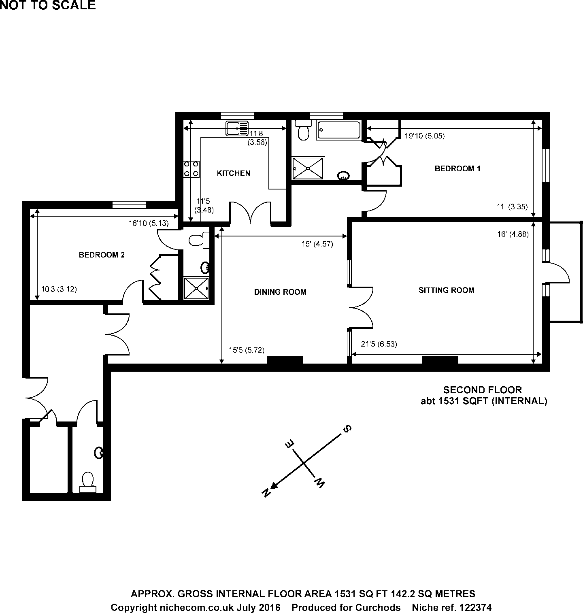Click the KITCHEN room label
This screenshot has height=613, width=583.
click(234, 173)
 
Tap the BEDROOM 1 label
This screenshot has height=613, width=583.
click(457, 168)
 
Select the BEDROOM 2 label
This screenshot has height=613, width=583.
click(102, 255)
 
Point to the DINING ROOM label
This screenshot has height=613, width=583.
click(280, 292)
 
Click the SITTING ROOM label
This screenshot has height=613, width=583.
click(446, 290)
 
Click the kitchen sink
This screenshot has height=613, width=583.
click(237, 128)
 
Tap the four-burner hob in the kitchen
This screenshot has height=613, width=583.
click(191, 169)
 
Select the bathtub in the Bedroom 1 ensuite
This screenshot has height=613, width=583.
click(338, 130)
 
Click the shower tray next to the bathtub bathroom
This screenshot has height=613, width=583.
click(309, 168)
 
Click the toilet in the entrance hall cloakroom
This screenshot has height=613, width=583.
click(87, 482)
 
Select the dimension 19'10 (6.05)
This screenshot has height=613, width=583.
click(424, 136)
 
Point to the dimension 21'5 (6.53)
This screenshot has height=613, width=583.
click(379, 344)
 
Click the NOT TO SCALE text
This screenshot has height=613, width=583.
click(48, 5)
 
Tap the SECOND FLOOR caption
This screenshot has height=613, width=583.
click(482, 390)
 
